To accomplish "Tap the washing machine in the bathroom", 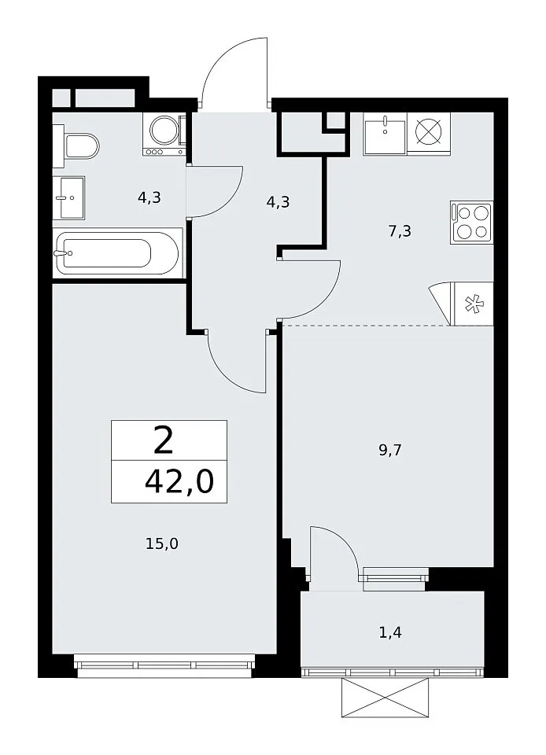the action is click(x=164, y=134).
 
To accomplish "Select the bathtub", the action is click(x=117, y=252).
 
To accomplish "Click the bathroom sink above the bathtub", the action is click(x=69, y=197).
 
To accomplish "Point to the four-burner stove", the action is click(x=472, y=223).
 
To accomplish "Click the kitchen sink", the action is click(x=386, y=134).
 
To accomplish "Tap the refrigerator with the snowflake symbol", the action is click(x=474, y=304).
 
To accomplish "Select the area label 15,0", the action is click(x=162, y=543).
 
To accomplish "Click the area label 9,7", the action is click(x=390, y=451).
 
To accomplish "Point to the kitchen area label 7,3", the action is click(x=400, y=232).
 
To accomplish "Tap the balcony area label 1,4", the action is click(x=390, y=632).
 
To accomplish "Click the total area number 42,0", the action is click(x=179, y=482).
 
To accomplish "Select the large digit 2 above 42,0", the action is click(x=164, y=441).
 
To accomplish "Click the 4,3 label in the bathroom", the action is click(x=149, y=197).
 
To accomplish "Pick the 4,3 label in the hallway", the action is click(x=278, y=201).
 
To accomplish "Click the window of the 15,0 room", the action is click(x=165, y=665).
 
